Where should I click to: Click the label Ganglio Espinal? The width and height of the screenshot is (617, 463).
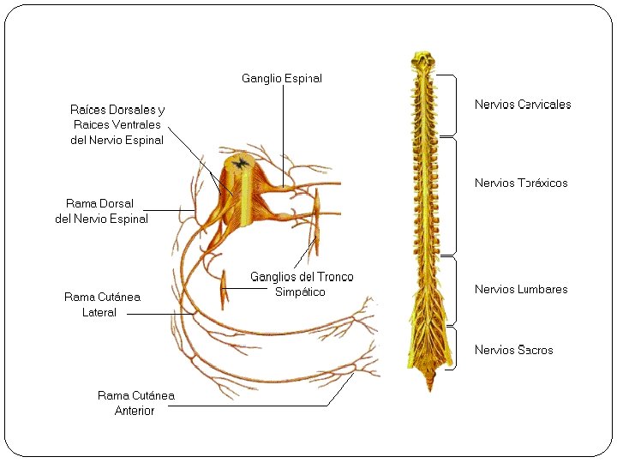tap(282, 78)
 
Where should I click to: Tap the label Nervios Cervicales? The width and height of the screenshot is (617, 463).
tap(523, 105)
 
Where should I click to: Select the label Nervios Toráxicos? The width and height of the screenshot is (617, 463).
tap(521, 183)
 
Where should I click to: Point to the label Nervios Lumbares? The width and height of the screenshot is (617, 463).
tap(521, 289)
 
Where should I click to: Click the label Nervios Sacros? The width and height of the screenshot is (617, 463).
tap(514, 350)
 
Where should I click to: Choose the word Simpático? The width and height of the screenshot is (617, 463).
tap(300, 292)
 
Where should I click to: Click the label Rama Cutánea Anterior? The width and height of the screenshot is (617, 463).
tap(135, 403)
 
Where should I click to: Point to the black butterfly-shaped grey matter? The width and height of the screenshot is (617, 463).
tap(240, 161)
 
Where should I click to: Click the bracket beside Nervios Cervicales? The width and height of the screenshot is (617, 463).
tap(453, 105)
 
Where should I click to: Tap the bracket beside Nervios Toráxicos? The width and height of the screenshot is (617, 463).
tap(454, 196)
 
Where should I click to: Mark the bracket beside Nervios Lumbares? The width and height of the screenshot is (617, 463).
tap(454, 292)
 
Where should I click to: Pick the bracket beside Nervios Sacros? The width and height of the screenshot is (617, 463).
tap(454, 348)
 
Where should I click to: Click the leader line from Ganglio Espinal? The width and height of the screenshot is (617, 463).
tap(283, 129)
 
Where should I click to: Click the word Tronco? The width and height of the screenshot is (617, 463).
tap(335, 277)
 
